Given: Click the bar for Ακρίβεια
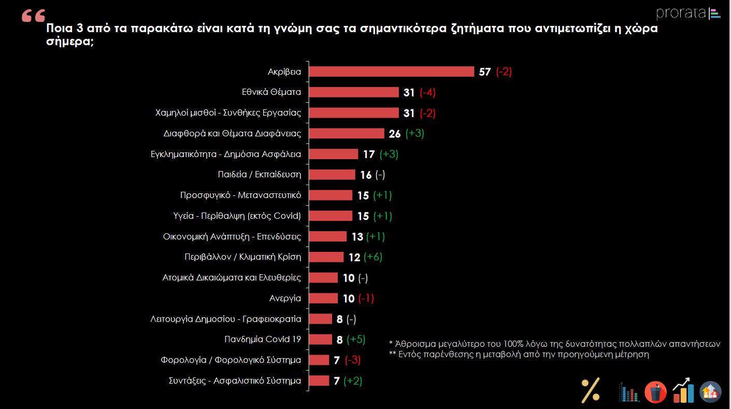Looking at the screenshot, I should click(392, 72).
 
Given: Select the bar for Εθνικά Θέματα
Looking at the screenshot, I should click(354, 92).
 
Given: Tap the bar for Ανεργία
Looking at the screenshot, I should click(323, 298).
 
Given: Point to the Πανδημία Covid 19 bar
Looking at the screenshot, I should click(321, 340).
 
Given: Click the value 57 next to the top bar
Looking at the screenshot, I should click(484, 72).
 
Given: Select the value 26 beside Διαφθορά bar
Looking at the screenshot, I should click(395, 134).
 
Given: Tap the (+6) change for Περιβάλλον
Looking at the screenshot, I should click(373, 257).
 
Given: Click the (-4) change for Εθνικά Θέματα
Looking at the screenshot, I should click(427, 93).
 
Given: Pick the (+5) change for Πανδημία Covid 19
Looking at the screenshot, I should click(356, 340).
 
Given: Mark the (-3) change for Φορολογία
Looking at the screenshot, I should click(352, 360).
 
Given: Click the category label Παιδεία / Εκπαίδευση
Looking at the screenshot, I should click(259, 175).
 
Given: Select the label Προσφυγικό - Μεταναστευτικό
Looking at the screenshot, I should click(240, 195).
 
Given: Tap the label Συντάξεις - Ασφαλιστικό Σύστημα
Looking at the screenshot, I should click(235, 380).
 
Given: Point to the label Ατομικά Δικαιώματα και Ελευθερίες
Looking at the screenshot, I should click(232, 277).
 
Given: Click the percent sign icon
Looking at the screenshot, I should click(590, 390).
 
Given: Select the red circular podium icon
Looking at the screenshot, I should click(655, 392).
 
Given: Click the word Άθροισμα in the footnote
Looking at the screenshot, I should click(417, 344).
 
